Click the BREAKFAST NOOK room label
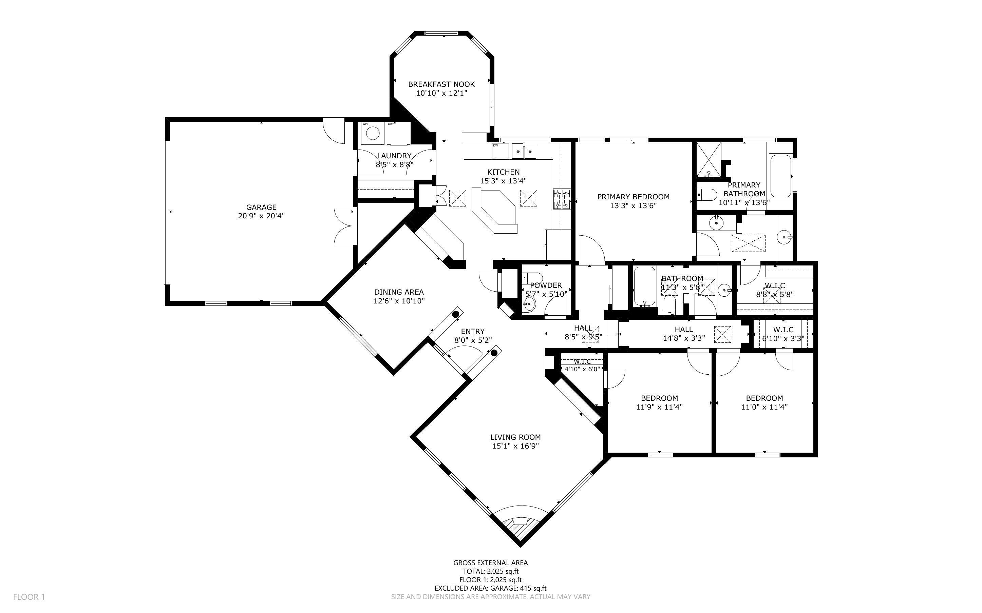(x=441, y=84)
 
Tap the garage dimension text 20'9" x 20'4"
(x=261, y=216)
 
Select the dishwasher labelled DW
(x=500, y=151)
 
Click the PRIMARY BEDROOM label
(x=633, y=197)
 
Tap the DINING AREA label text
(x=399, y=292)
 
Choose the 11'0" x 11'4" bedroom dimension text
(x=764, y=407)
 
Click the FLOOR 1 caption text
(x=29, y=597)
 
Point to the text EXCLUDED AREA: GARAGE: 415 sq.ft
(x=490, y=588)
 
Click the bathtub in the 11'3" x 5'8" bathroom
(x=644, y=286)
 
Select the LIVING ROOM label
(x=515, y=437)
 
